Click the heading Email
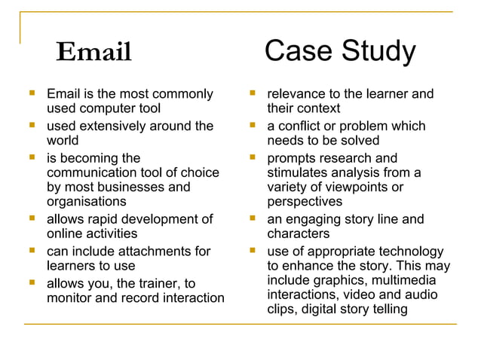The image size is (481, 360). pyautogui.click(x=94, y=52)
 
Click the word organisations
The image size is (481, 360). pyautogui.click(x=87, y=202)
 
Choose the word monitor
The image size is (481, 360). pyautogui.click(x=72, y=298)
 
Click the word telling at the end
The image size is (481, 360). pyautogui.click(x=386, y=309)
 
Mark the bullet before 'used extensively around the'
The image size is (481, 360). pyautogui.click(x=32, y=125)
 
